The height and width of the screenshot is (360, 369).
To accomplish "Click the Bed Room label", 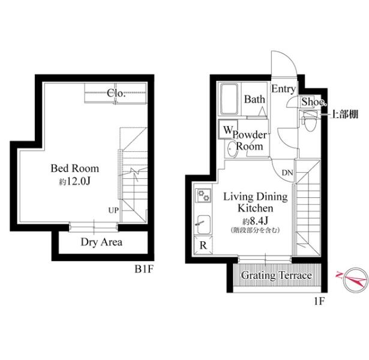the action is [75, 169].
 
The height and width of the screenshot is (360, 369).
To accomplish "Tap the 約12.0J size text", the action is [74, 181].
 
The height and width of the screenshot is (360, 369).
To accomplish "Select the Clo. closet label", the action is [116, 93].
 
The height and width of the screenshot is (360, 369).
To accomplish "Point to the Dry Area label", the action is [101, 242].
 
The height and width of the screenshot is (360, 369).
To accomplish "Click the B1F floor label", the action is [144, 269].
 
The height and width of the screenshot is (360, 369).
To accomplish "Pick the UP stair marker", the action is [113, 210].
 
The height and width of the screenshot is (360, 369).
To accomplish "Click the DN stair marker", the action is [287, 173].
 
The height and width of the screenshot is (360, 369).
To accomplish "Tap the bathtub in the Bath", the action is [229, 99].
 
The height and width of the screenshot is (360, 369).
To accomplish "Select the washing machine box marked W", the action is [227, 129].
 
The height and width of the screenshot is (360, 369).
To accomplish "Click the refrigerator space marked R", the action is [203, 245].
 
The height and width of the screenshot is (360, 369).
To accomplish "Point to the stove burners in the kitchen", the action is [203, 196].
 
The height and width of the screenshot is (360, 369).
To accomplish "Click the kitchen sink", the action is [203, 225].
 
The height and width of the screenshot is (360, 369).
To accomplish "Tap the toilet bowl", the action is [310, 121].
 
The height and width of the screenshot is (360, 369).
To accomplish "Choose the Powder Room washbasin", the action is [232, 149].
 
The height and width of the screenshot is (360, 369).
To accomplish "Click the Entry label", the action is [283, 89].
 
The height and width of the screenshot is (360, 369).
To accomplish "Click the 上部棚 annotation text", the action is [344, 114].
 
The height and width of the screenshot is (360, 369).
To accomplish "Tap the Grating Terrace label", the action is [277, 275].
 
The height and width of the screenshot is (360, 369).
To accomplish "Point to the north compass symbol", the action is [355, 280].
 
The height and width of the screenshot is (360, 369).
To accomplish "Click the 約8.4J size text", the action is [256, 221].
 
